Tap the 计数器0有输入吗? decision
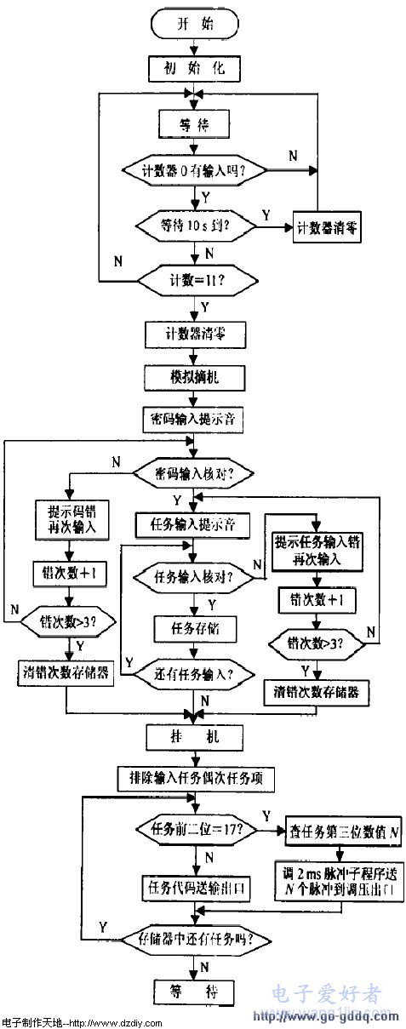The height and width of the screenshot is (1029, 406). pyautogui.click(x=195, y=170)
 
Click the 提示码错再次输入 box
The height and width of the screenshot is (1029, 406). pyautogui.click(x=67, y=520)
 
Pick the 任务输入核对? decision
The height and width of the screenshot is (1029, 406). pyautogui.click(x=195, y=577)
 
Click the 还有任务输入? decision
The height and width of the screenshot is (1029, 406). pyautogui.click(x=195, y=675)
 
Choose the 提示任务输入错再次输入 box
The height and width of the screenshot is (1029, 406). pyautogui.click(x=317, y=552)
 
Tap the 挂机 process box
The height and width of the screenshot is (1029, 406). pyautogui.click(x=196, y=735)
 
